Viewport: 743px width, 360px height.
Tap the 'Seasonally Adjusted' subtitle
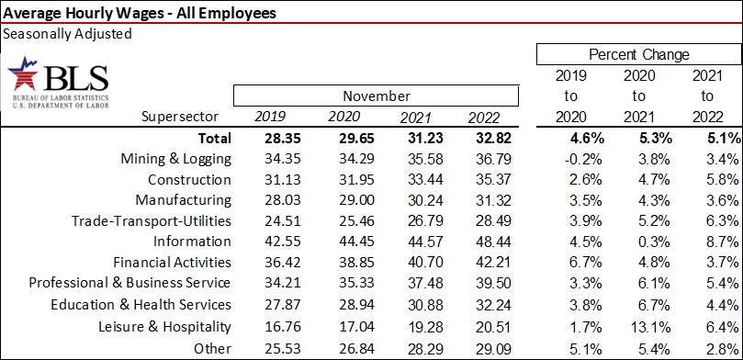coord(68,34)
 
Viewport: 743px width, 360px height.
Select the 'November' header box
coord(377,96)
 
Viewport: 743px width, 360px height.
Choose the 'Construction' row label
coord(189,180)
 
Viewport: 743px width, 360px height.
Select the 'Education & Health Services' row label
coord(140,305)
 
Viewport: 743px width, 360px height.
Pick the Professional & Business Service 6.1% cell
coord(640,284)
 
